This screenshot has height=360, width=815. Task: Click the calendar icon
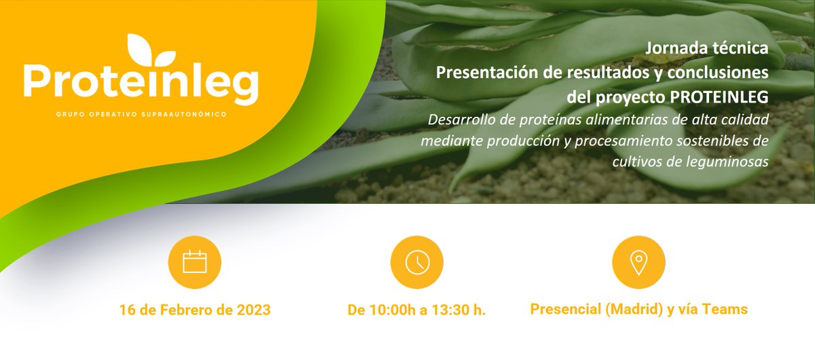[194, 262]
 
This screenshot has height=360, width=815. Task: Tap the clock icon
[416, 262]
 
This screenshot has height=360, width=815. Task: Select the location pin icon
[638, 262]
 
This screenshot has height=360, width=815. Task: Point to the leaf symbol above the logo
[151, 50]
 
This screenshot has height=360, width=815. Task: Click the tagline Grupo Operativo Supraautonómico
[141, 114]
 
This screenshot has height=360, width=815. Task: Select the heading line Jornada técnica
[707, 49]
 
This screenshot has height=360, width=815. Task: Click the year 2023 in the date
[253, 310]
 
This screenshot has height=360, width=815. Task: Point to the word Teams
[723, 309]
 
